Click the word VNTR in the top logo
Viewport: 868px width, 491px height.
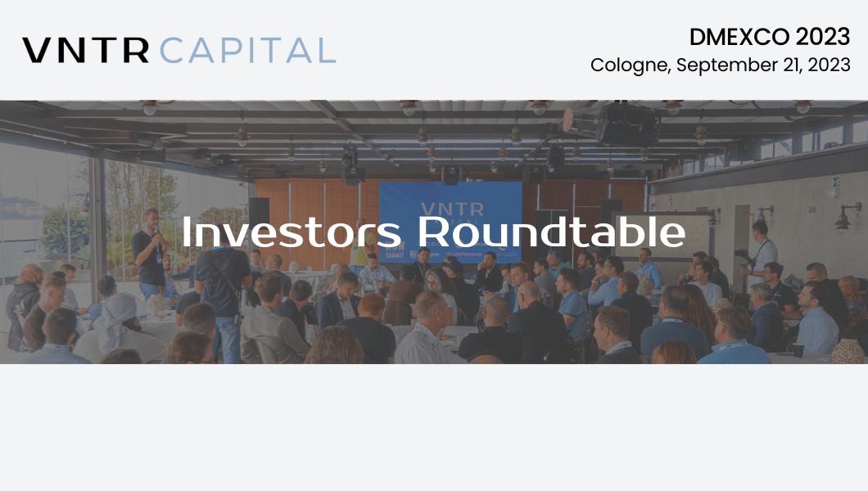(x=86, y=50)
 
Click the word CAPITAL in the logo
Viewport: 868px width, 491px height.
(x=248, y=50)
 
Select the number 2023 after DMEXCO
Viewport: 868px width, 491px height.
(x=823, y=37)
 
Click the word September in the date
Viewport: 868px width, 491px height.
(x=727, y=65)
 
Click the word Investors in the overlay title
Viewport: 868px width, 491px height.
(x=292, y=232)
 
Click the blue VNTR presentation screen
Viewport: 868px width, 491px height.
(x=450, y=221)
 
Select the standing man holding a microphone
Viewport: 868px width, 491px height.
(x=150, y=255)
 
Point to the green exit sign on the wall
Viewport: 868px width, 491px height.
(x=834, y=182)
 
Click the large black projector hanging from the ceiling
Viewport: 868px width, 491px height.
(x=628, y=124)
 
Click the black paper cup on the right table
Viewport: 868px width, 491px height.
(x=798, y=349)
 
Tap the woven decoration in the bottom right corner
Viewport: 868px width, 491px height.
(x=848, y=351)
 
